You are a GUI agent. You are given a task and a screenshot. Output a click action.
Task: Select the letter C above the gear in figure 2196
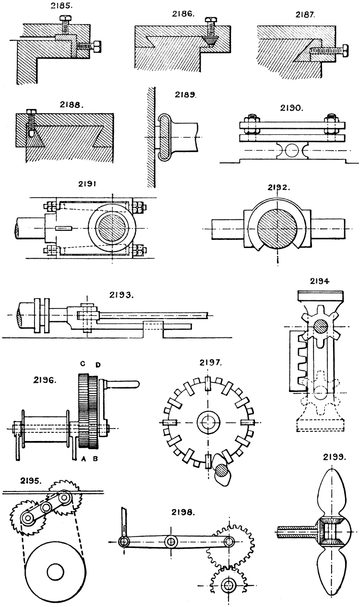[x=82, y=364]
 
